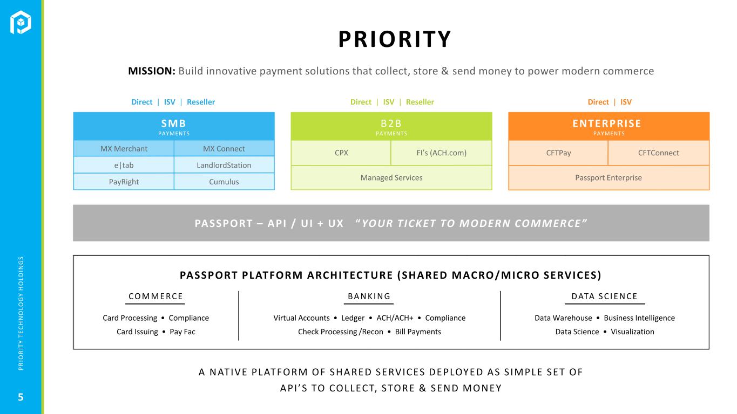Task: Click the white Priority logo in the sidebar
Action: coord(21,22)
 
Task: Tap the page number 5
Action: coord(21,397)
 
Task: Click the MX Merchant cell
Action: coord(124,149)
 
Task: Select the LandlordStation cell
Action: coord(224,165)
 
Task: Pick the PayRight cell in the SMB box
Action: coord(124,182)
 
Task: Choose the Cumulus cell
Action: coord(224,182)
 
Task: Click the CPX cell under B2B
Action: coord(341,153)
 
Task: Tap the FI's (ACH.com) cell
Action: coord(442,153)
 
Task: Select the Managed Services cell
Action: coord(391,178)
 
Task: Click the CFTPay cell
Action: coord(558,153)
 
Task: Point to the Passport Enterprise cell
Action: coord(608,178)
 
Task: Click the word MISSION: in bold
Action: coord(152,71)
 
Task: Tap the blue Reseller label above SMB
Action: coord(201,102)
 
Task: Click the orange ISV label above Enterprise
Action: coord(626,102)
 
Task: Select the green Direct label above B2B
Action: coord(361,102)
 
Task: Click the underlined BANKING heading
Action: coord(369,296)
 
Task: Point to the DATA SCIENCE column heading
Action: coord(605,296)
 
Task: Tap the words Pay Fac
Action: coord(182,332)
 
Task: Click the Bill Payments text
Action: coord(418,332)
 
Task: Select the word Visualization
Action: coord(632,332)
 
